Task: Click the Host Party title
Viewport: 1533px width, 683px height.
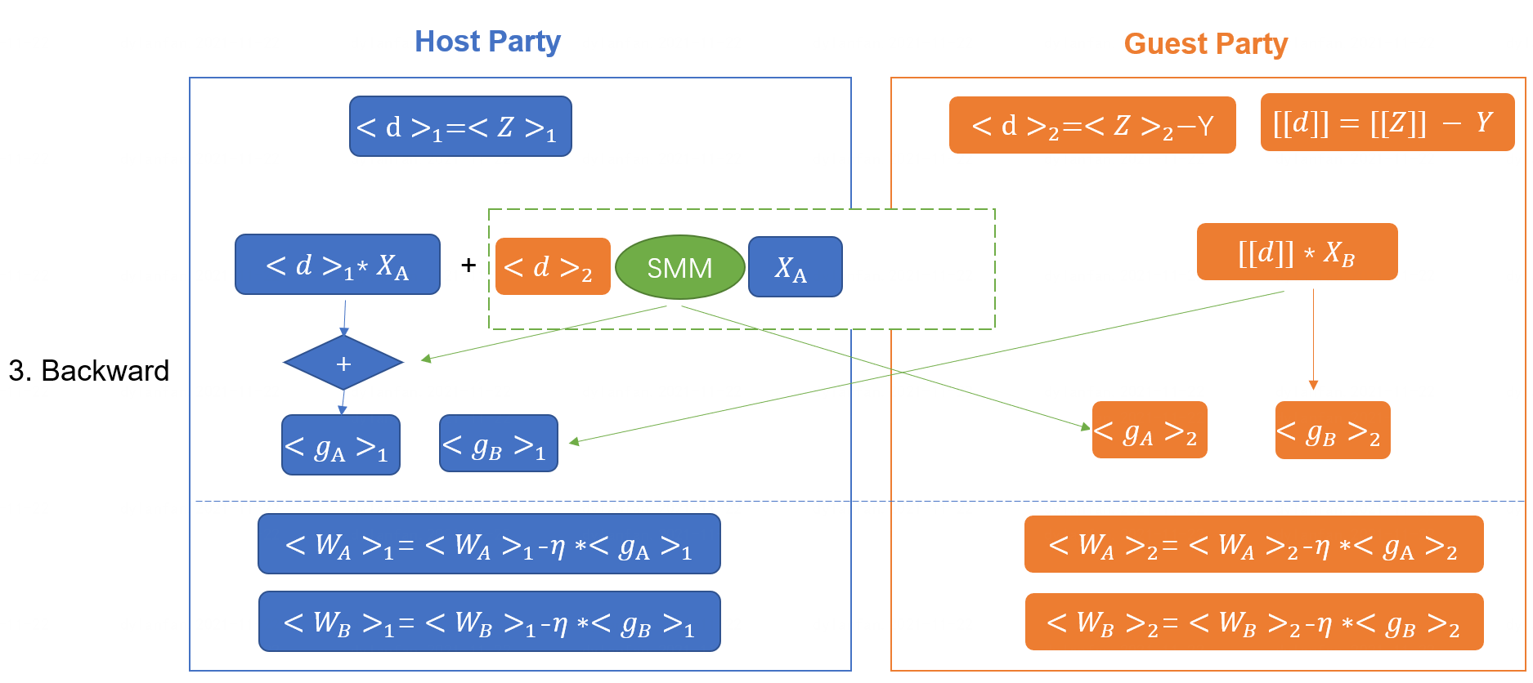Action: tap(487, 42)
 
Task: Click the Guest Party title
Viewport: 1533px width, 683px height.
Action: tap(1205, 44)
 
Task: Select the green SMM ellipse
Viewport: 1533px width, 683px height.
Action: tap(679, 268)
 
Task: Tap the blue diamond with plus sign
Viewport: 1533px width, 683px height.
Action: tap(343, 363)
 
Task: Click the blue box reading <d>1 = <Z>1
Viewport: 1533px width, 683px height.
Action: tap(460, 127)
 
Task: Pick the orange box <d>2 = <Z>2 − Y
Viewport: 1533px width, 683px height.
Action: tap(1091, 125)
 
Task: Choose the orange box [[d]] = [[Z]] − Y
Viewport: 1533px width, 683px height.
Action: tap(1387, 123)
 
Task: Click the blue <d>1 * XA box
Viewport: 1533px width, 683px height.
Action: tap(337, 265)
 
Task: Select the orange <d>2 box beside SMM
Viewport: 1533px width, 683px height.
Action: tap(553, 266)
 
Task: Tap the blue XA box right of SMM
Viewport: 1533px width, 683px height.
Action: tap(795, 267)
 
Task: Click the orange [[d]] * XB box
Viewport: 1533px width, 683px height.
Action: tap(1297, 252)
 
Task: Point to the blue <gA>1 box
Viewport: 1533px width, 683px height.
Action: tap(341, 445)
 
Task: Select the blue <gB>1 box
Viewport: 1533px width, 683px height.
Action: tap(498, 444)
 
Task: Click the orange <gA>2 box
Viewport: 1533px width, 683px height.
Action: tap(1150, 430)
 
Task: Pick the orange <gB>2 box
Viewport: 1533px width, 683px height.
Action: tap(1332, 430)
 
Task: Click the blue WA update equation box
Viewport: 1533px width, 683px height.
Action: tap(489, 544)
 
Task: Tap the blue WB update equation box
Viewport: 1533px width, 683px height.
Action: tap(489, 622)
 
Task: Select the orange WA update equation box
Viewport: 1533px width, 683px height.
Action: tap(1253, 544)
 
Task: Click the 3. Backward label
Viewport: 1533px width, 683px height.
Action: tap(88, 371)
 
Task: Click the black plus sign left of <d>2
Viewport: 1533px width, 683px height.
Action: tap(468, 265)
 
